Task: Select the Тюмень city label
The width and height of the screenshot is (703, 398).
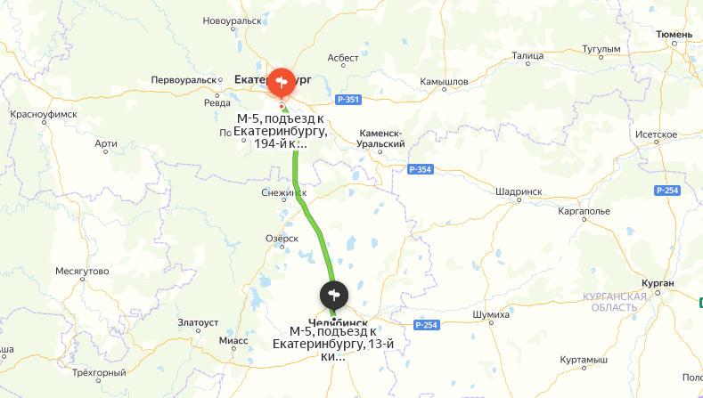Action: [x=674, y=34]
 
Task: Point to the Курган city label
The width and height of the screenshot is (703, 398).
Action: [x=657, y=283]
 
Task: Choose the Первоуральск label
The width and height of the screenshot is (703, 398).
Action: [x=184, y=79]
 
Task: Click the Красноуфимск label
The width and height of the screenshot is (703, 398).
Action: [x=43, y=115]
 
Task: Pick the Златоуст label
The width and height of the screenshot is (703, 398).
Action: [x=199, y=321]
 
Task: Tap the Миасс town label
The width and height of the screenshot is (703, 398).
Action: [x=233, y=340]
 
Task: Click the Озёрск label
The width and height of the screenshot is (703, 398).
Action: [x=282, y=238]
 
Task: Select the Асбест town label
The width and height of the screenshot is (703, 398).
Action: [x=343, y=57]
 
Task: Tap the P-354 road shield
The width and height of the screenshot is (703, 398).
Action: [x=420, y=169]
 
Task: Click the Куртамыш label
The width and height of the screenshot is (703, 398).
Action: [x=577, y=359]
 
